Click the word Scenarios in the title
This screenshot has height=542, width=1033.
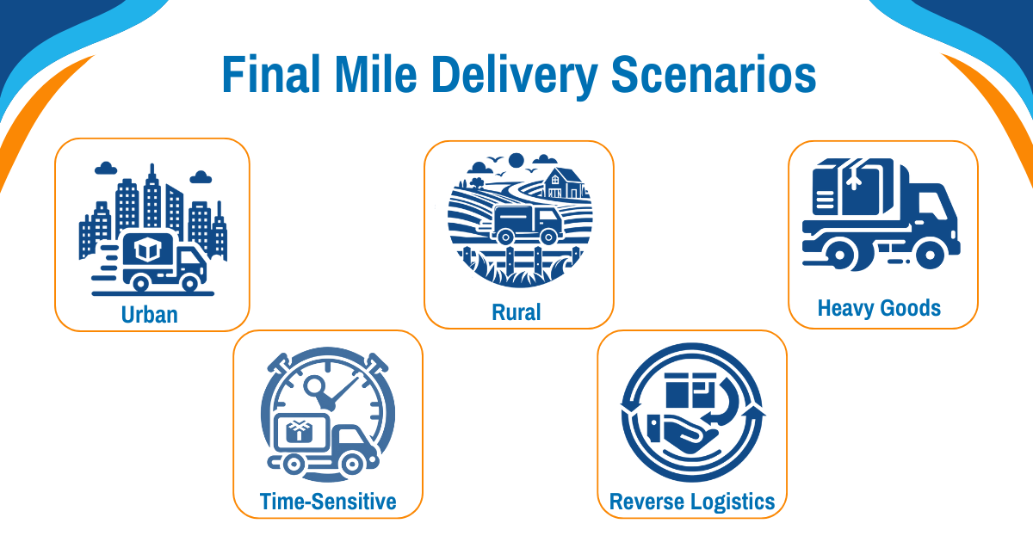pyautogui.click(x=714, y=75)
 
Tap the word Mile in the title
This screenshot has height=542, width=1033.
pyautogui.click(x=376, y=75)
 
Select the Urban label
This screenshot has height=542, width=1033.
pyautogui.click(x=150, y=315)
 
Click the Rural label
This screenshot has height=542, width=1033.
pyautogui.click(x=516, y=312)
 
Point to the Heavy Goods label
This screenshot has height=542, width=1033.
pyautogui.click(x=879, y=308)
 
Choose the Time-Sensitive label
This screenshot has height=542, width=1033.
pyautogui.click(x=328, y=502)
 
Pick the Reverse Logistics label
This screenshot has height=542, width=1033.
pyautogui.click(x=692, y=502)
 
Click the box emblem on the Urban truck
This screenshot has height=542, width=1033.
pyautogui.click(x=147, y=249)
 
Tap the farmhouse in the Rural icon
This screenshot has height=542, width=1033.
pyautogui.click(x=564, y=183)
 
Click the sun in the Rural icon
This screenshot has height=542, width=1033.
pyautogui.click(x=516, y=160)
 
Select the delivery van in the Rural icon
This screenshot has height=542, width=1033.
pyautogui.click(x=527, y=225)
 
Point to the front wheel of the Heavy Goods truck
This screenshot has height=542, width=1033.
pyautogui.click(x=929, y=254)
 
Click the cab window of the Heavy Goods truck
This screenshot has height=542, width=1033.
pyautogui.click(x=931, y=206)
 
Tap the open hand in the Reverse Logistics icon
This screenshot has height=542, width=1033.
pyautogui.click(x=687, y=434)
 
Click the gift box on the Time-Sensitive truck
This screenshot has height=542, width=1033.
pyautogui.click(x=299, y=431)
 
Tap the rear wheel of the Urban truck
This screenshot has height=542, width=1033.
pyautogui.click(x=140, y=282)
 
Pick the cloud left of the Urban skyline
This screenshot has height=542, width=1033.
pyautogui.click(x=106, y=169)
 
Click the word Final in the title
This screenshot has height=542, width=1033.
pyautogui.click(x=271, y=75)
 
